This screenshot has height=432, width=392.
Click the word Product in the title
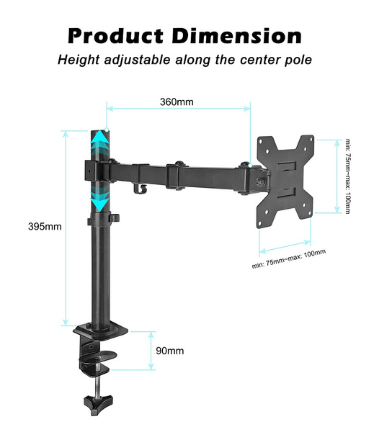tap(115, 37)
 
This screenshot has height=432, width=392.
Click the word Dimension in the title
tap(237, 36)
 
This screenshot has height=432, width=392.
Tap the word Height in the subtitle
tap(79, 60)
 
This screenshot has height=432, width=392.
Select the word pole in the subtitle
tap(298, 60)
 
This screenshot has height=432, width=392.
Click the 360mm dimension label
tap(177, 102)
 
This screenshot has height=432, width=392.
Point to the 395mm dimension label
tap(45, 227)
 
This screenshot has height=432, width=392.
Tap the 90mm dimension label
tap(170, 351)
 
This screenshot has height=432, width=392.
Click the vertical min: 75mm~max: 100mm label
tap(348, 176)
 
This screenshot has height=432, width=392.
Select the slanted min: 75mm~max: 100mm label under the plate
tap(289, 259)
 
